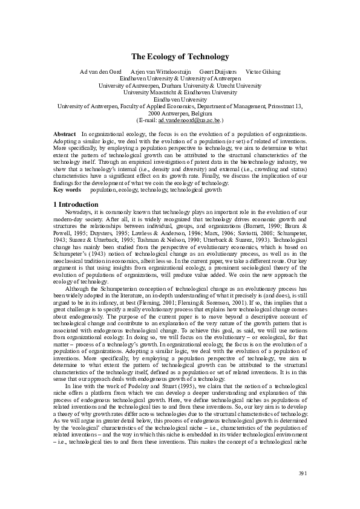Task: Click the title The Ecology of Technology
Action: point(180,57)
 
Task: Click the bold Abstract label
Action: point(64,133)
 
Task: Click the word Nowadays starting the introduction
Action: point(79,213)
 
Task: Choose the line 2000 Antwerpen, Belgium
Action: point(180,113)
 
